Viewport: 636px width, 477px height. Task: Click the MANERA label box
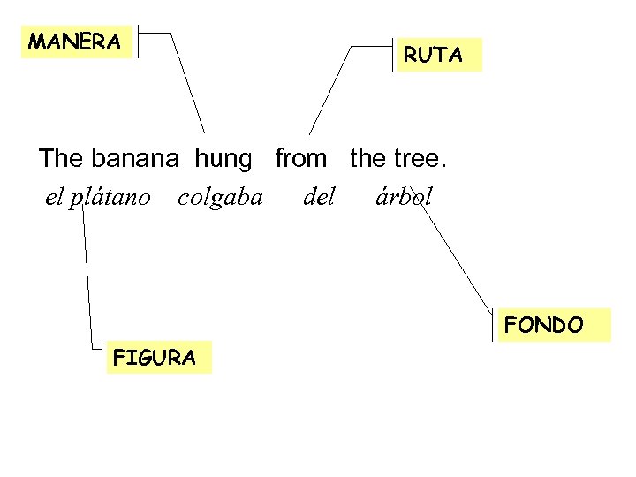pos(76,42)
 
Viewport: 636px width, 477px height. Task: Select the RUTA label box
pos(434,55)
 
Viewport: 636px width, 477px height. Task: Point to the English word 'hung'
pos(223,159)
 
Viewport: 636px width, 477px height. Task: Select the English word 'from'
pos(300,159)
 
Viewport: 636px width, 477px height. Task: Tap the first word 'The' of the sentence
pos(60,159)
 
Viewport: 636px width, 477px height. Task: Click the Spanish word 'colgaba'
pos(220,197)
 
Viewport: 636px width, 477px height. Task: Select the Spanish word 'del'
pos(319,197)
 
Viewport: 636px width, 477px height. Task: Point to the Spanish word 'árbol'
pos(404,197)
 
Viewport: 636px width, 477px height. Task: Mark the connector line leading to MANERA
pos(187,84)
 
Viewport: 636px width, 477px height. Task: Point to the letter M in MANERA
pos(37,42)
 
